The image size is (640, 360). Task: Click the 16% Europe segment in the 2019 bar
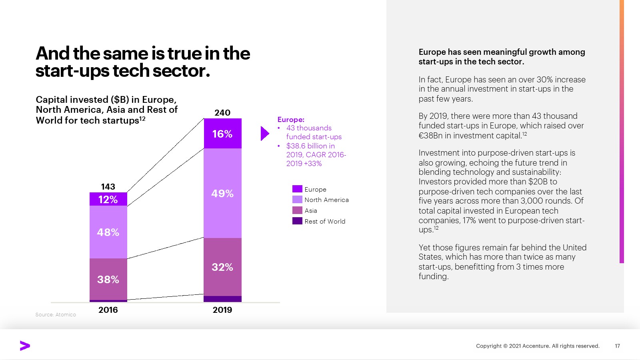pyautogui.click(x=222, y=134)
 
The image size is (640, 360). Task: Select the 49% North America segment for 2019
pyautogui.click(x=222, y=193)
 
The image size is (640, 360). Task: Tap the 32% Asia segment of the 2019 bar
pyautogui.click(x=222, y=267)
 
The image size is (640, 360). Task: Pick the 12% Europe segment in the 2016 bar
pyautogui.click(x=108, y=199)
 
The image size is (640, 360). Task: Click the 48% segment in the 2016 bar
pyautogui.click(x=108, y=232)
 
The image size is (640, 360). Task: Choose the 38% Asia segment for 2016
pyautogui.click(x=108, y=279)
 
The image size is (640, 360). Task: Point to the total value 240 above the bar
pyautogui.click(x=222, y=113)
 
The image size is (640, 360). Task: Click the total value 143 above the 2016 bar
pyautogui.click(x=108, y=187)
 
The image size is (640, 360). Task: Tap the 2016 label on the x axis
pyautogui.click(x=108, y=310)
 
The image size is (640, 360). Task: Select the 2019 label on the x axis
pyautogui.click(x=222, y=310)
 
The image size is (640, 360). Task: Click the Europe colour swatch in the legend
pyautogui.click(x=297, y=189)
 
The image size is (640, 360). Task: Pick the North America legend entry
pyautogui.click(x=326, y=200)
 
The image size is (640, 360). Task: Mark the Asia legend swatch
pyautogui.click(x=297, y=210)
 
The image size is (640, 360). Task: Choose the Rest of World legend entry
pyautogui.click(x=324, y=221)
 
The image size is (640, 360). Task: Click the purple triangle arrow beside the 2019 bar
pyautogui.click(x=264, y=134)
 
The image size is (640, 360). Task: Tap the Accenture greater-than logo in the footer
pyautogui.click(x=25, y=346)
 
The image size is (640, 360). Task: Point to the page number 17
pyautogui.click(x=617, y=346)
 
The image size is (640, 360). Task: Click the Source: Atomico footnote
pyautogui.click(x=56, y=315)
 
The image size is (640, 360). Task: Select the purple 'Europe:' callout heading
pyautogui.click(x=291, y=120)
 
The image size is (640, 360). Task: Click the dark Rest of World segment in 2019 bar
pyautogui.click(x=222, y=299)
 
